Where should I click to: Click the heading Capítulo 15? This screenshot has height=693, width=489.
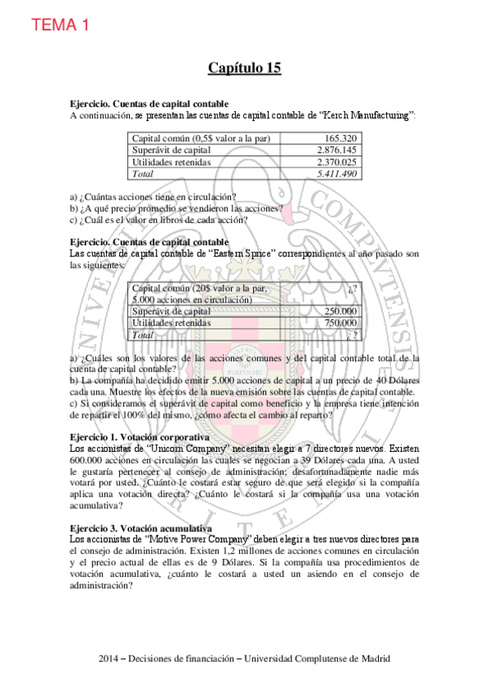(244, 69)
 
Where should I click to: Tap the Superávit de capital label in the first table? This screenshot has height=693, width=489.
(171, 150)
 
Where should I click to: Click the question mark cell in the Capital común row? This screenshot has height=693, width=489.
(352, 288)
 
